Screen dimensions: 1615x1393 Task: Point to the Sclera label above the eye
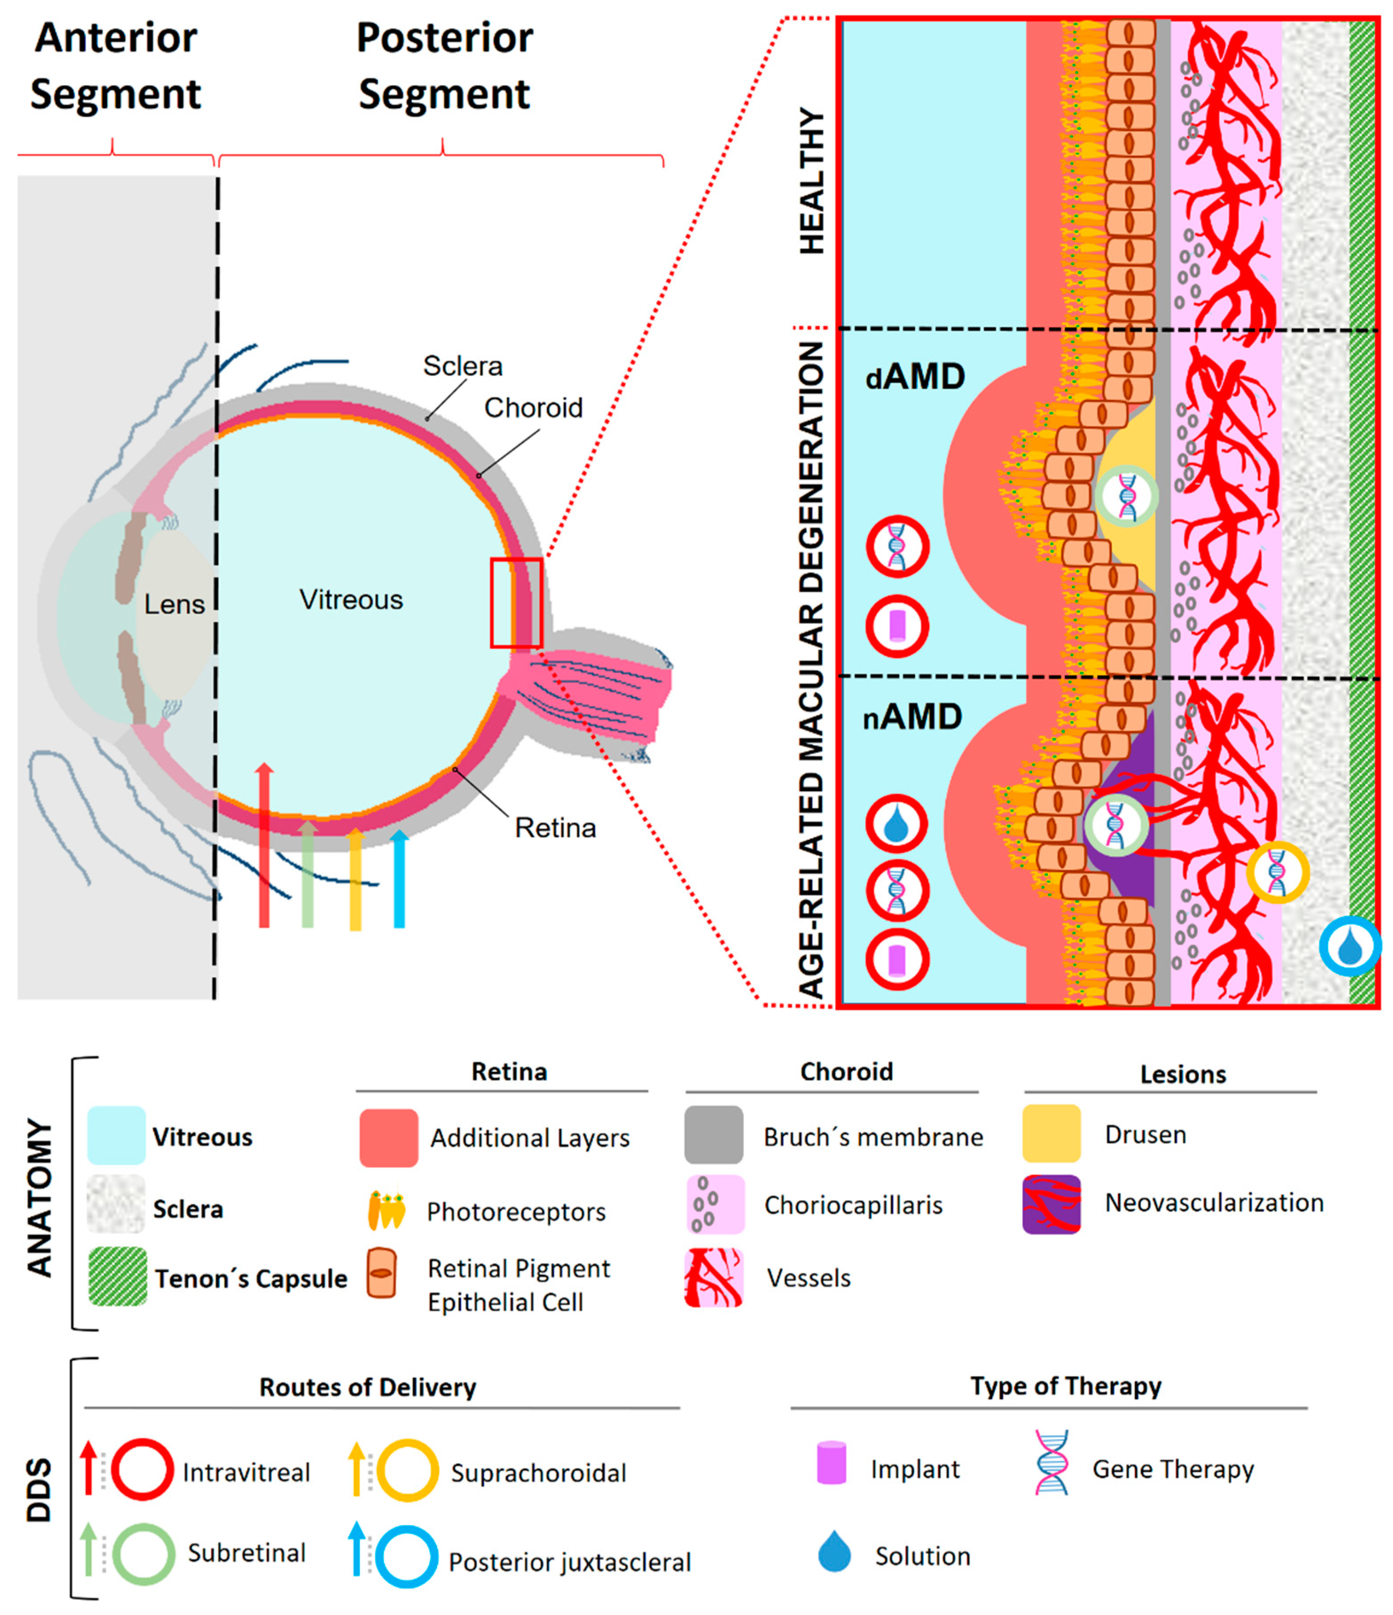click(462, 367)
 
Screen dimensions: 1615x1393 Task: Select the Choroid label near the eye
click(533, 408)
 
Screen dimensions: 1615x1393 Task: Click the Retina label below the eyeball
click(555, 828)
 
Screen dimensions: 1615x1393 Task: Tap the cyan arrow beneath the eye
click(399, 881)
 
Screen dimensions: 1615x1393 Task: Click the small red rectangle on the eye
click(516, 602)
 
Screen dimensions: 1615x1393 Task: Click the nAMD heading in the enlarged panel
click(912, 717)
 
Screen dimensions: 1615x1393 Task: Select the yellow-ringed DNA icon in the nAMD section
click(1277, 872)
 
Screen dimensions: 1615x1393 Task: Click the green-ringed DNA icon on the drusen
click(1127, 496)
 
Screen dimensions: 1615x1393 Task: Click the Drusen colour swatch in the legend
click(1051, 1133)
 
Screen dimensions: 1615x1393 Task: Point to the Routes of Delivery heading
click(367, 1387)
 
